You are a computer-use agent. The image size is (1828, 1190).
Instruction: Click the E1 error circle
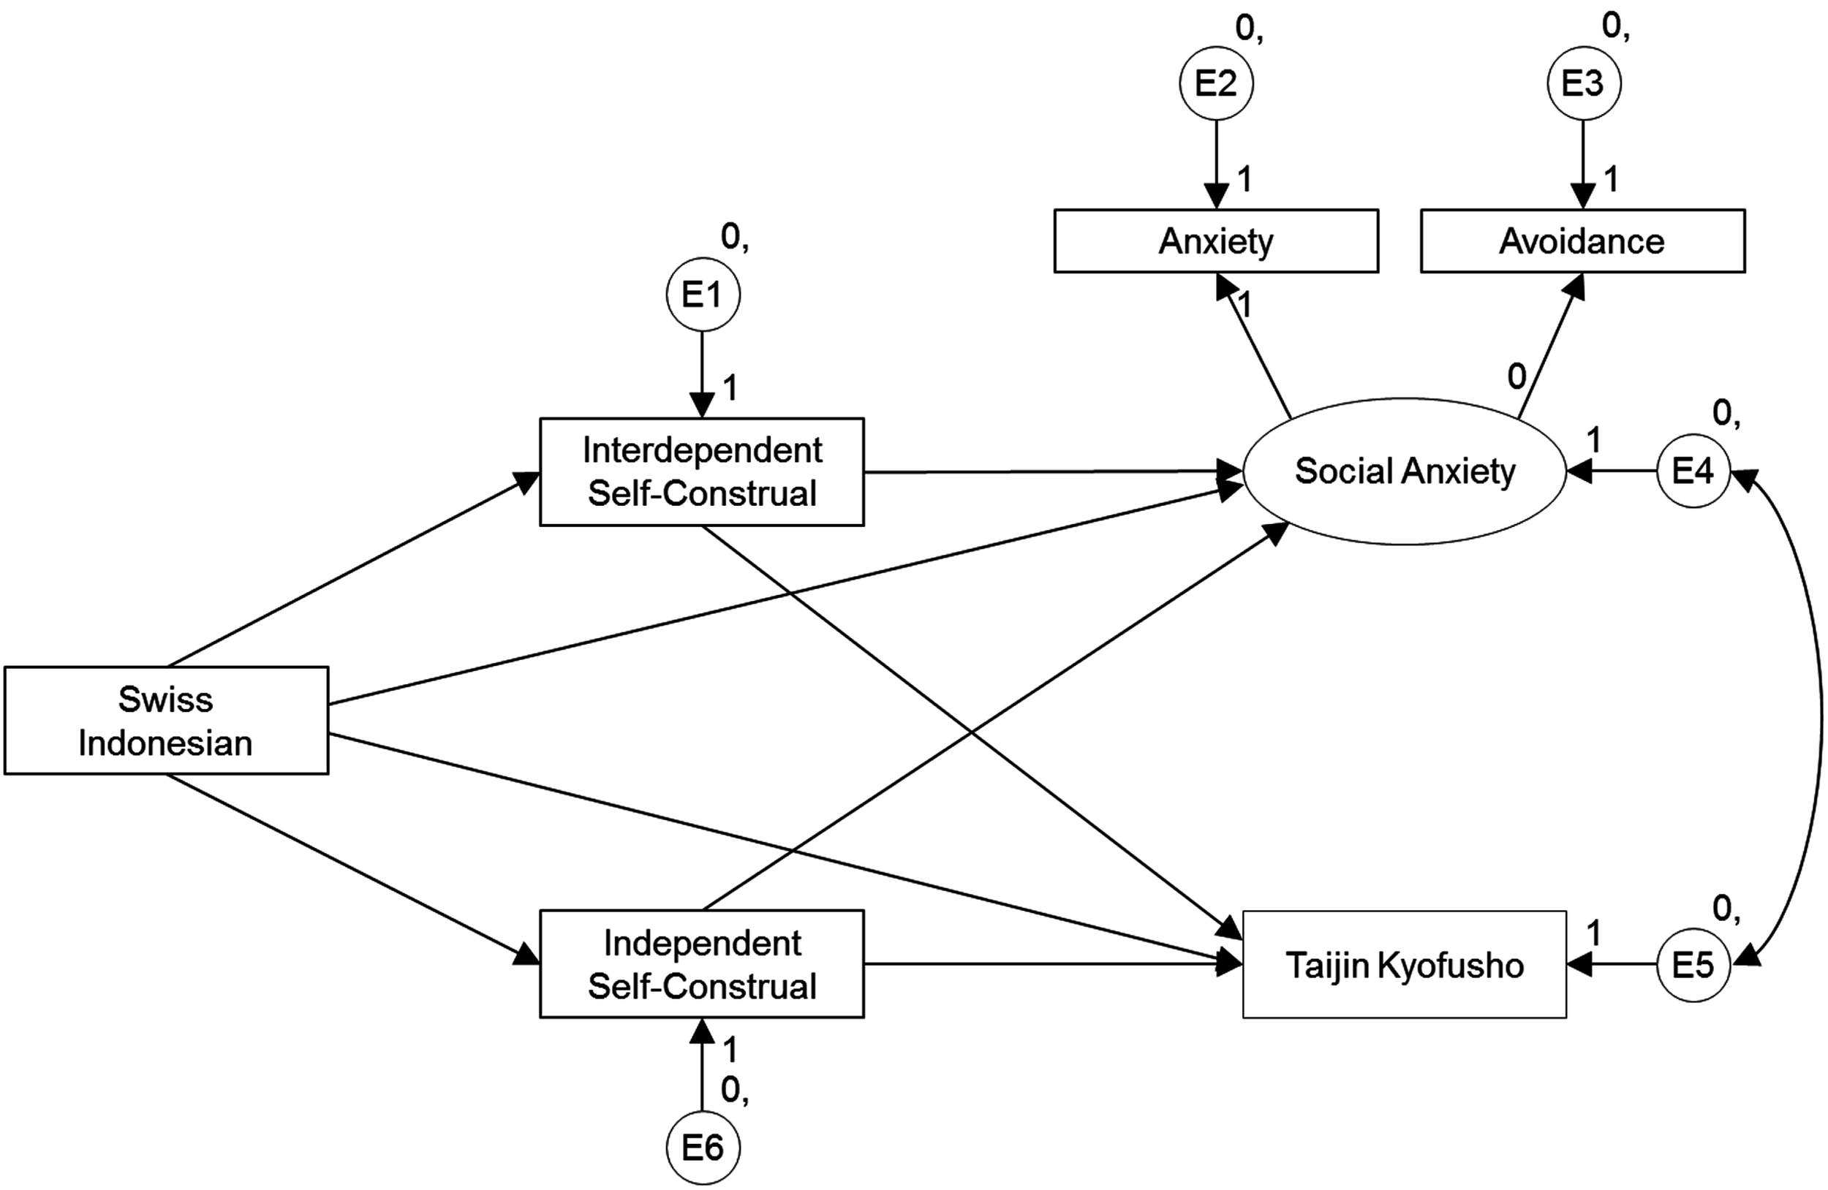[703, 295]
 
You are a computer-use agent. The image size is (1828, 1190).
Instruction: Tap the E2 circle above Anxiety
[1216, 83]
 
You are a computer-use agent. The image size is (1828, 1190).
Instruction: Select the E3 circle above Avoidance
[1583, 83]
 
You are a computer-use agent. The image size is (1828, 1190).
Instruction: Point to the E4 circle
[1693, 471]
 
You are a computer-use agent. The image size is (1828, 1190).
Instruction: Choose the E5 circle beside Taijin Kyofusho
[1693, 965]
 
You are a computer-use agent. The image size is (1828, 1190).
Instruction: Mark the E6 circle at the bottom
[703, 1148]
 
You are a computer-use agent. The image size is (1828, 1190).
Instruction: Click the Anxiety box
[1216, 241]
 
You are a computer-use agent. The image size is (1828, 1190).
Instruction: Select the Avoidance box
[1582, 241]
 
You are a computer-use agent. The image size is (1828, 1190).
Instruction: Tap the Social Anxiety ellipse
[1404, 471]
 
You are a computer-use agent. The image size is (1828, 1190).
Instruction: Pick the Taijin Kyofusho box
[1404, 965]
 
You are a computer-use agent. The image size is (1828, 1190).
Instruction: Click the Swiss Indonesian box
[166, 720]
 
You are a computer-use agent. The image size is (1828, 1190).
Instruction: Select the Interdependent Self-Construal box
[701, 471]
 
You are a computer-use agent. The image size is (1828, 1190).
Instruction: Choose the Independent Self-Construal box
[701, 964]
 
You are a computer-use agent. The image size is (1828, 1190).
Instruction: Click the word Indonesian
[166, 743]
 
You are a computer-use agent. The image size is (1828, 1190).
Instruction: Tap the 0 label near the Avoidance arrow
[1517, 376]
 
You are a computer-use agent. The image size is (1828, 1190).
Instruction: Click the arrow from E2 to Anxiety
[1216, 162]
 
